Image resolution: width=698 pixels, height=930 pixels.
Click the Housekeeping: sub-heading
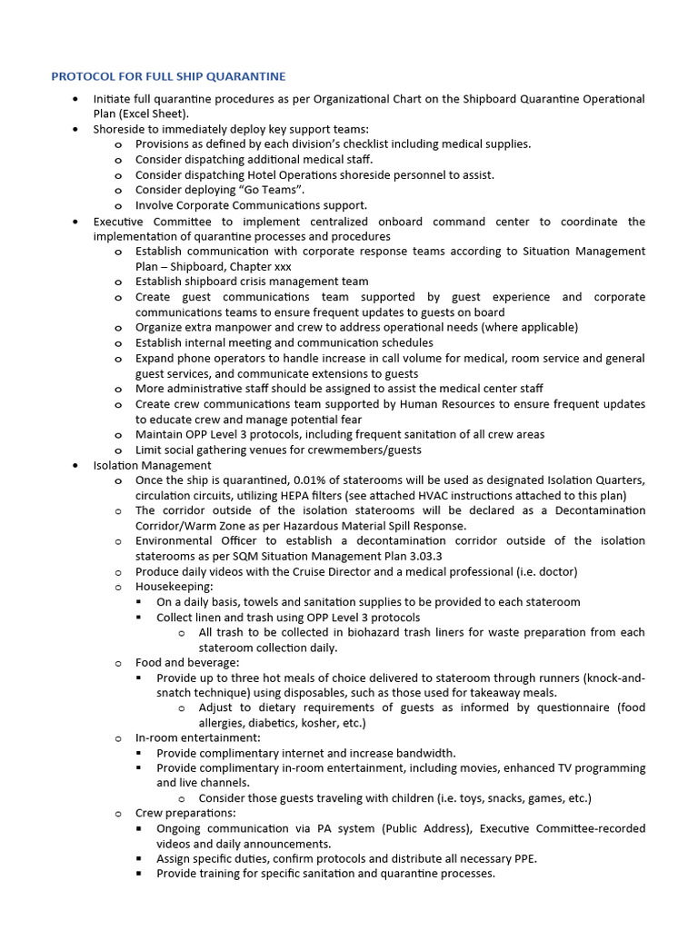tap(174, 587)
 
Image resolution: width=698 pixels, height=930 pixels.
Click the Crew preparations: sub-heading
tap(185, 813)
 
